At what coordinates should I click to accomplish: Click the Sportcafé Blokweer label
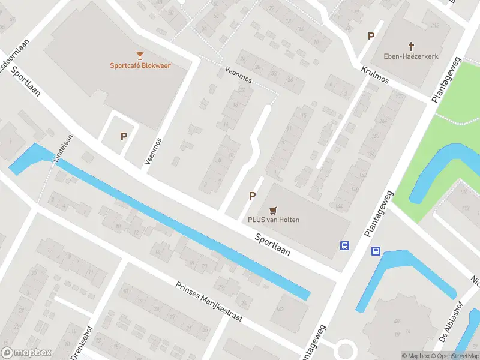click(x=140, y=65)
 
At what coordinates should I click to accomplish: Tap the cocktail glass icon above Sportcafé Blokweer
click(x=140, y=55)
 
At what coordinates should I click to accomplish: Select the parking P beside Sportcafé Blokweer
click(x=124, y=136)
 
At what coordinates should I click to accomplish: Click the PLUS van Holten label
click(x=274, y=220)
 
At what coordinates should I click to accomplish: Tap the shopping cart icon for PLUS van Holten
click(x=274, y=209)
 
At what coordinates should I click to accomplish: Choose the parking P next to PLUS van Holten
click(x=252, y=196)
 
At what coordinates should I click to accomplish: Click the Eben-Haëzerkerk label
click(x=412, y=56)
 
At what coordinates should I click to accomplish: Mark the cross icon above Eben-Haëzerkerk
click(x=412, y=46)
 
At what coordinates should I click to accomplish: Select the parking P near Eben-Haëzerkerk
click(x=371, y=37)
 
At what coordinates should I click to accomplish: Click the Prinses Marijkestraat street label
click(x=209, y=302)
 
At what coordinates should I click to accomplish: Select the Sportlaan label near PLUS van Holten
click(x=272, y=244)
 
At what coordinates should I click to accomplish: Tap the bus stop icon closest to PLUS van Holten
click(x=345, y=245)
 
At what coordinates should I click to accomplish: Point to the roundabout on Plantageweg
click(x=345, y=350)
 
